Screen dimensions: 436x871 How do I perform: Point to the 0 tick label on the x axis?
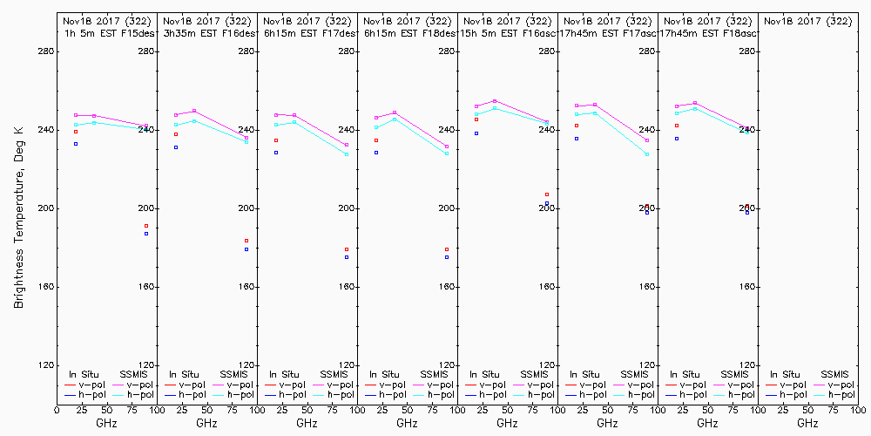pos(57,409)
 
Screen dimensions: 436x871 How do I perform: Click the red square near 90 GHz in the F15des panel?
pos(146,226)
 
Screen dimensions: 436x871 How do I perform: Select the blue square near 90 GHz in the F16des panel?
pos(246,249)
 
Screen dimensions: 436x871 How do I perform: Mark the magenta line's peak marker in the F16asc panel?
pos(495,101)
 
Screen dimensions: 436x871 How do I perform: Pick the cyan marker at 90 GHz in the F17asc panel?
pos(647,154)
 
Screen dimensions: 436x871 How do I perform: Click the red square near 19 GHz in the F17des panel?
pos(276,140)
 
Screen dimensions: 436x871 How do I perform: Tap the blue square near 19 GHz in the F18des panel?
pos(376,153)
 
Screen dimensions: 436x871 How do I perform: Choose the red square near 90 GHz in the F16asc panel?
pos(547,194)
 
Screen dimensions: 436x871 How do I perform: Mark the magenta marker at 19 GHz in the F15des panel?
pos(76,115)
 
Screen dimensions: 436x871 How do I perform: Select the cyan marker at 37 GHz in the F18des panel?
pos(395,119)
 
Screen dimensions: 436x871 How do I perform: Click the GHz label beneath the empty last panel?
pos(807,423)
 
